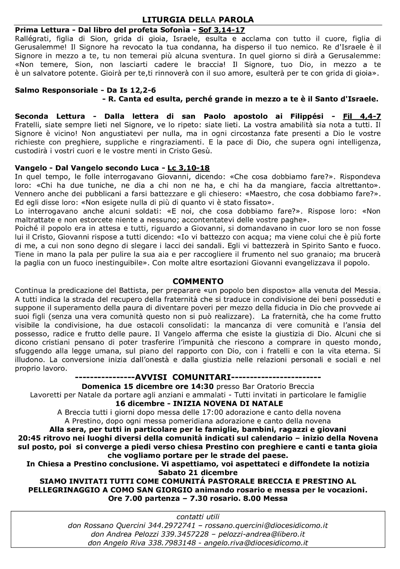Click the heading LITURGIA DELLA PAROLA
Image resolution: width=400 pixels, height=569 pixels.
(x=198, y=19)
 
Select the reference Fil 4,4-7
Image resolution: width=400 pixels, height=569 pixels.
(x=362, y=116)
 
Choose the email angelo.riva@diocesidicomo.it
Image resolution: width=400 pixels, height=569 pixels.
(x=256, y=543)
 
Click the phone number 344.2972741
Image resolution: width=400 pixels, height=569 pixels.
(x=171, y=526)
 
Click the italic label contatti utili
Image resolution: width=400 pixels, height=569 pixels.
(x=198, y=517)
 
